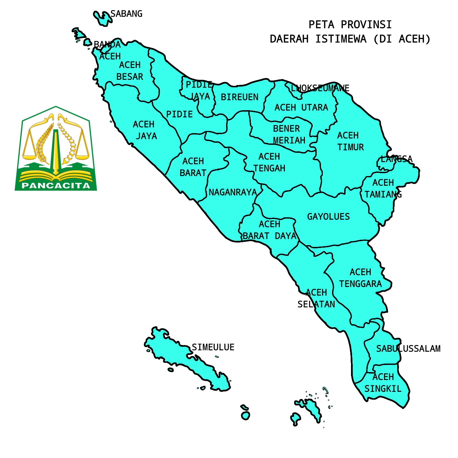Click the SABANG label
[126, 14]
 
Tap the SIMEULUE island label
[213, 347]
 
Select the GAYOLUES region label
[328, 217]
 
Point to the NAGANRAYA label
[233, 193]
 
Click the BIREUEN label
[239, 97]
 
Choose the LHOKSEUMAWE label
[320, 88]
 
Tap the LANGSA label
[396, 159]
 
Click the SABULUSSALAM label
[408, 349]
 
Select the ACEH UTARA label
[301, 108]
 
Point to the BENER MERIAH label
[288, 135]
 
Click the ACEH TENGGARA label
[360, 278]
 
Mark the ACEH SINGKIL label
[383, 383]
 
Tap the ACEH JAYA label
[145, 130]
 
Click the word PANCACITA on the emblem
[56, 186]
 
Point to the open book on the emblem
[55, 175]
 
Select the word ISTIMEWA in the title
[341, 39]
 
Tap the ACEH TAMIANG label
[383, 189]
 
